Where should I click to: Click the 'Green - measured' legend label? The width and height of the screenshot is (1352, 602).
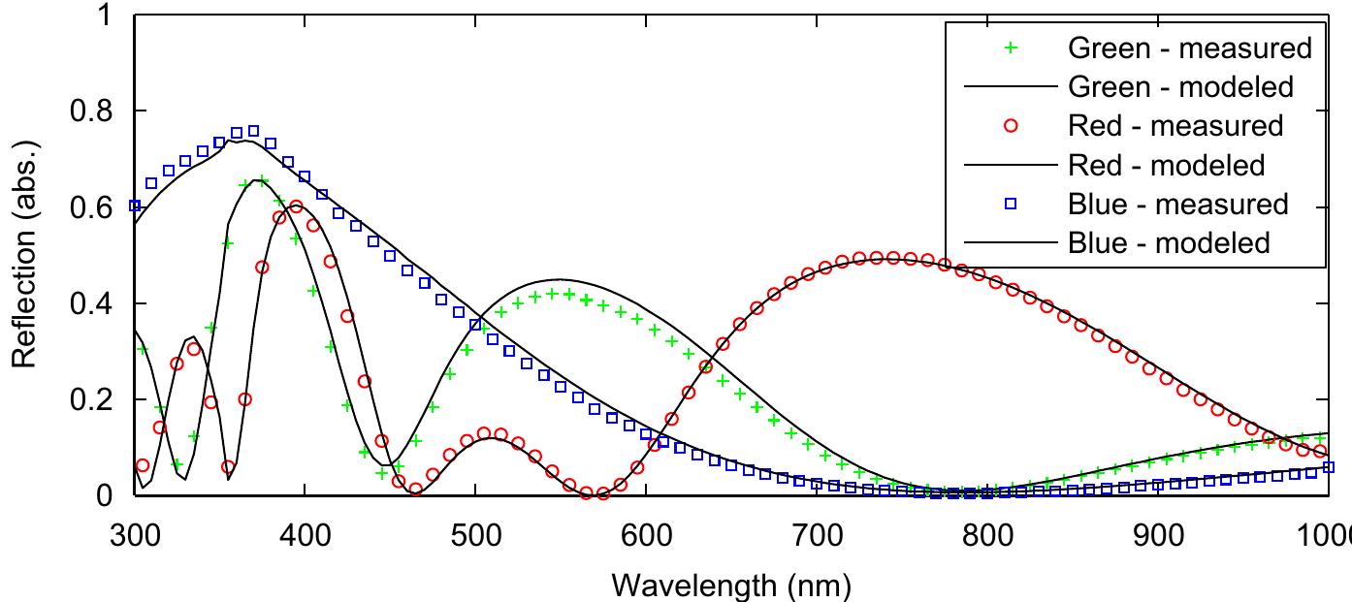[1189, 48]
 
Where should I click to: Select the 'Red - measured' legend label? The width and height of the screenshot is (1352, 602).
[1175, 126]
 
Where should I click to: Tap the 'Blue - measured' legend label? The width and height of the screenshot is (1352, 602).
[1177, 205]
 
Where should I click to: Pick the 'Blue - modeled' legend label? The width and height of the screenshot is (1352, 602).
[1168, 242]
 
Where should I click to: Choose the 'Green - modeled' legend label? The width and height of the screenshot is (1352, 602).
[1180, 87]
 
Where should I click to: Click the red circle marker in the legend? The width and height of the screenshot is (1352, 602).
[1010, 126]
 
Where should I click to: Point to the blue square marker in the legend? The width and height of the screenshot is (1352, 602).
[1010, 205]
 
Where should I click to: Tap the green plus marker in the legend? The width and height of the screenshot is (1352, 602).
[1010, 48]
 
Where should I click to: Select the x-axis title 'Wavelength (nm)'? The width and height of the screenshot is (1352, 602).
[731, 585]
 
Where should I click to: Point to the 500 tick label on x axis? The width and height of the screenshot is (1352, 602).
[475, 536]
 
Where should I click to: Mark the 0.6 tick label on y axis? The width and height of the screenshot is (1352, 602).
[92, 207]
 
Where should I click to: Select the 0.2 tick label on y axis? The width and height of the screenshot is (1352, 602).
[92, 399]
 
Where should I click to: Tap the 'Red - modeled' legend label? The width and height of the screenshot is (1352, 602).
[1166, 165]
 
